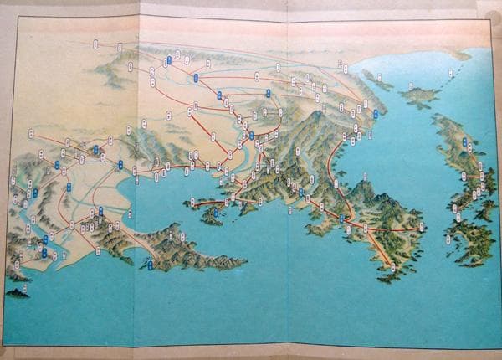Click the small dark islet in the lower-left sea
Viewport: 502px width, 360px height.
pos(16,293)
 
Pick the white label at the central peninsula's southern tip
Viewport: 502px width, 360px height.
pos(393,266)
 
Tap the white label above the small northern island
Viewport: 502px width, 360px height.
pos(412,85)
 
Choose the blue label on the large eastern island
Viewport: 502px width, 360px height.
pos(464,177)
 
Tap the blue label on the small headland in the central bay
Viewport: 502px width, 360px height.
pos(215,213)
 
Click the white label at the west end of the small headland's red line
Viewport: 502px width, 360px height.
pos(193,202)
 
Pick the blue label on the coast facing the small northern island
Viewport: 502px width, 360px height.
pos(376,114)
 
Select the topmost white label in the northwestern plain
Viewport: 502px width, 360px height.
pos(95,43)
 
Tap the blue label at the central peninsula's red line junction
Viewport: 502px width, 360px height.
pos(341,219)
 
